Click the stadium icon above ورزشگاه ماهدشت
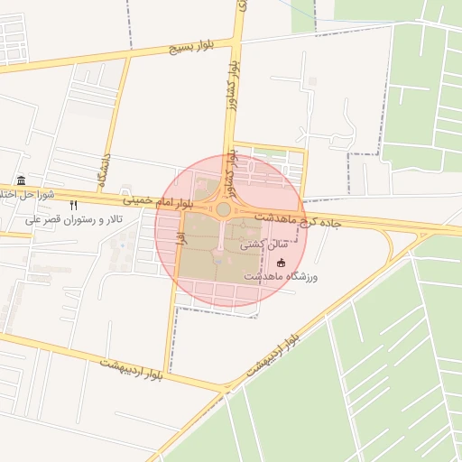[282, 263]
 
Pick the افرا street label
[180, 242]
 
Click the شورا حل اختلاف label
[27, 194]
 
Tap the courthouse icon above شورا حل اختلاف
[22, 180]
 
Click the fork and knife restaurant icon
[73, 206]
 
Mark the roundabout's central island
[223, 209]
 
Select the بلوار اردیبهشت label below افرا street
[132, 367]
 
